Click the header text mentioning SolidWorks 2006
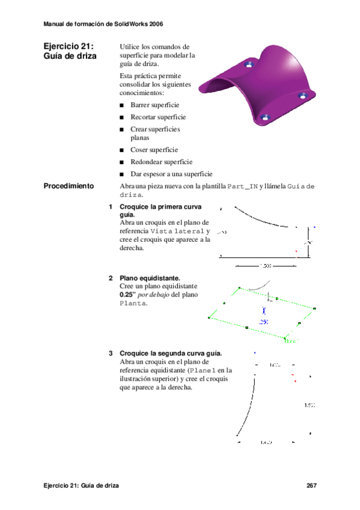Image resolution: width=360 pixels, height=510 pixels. click(x=103, y=24)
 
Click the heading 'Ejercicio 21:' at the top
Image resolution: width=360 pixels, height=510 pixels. click(x=69, y=47)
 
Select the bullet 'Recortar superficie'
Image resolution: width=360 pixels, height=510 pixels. click(x=158, y=117)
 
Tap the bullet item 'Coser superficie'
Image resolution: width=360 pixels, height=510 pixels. click(x=154, y=150)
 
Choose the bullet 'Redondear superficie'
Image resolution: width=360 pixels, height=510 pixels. click(x=161, y=162)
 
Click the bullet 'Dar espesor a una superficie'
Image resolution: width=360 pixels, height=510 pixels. click(x=171, y=174)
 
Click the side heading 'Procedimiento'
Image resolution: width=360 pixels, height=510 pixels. click(x=69, y=186)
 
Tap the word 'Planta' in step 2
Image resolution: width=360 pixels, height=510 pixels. click(x=133, y=304)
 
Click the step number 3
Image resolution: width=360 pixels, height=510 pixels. click(x=111, y=353)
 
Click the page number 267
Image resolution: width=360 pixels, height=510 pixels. click(x=311, y=485)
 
